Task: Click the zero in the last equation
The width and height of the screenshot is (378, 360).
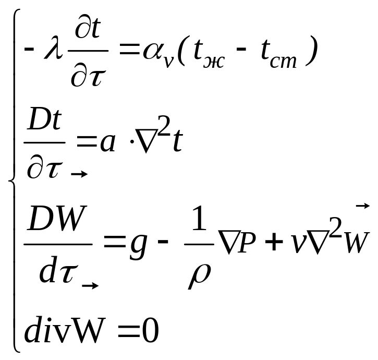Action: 149,331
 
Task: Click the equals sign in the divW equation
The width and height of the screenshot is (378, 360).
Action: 126,332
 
